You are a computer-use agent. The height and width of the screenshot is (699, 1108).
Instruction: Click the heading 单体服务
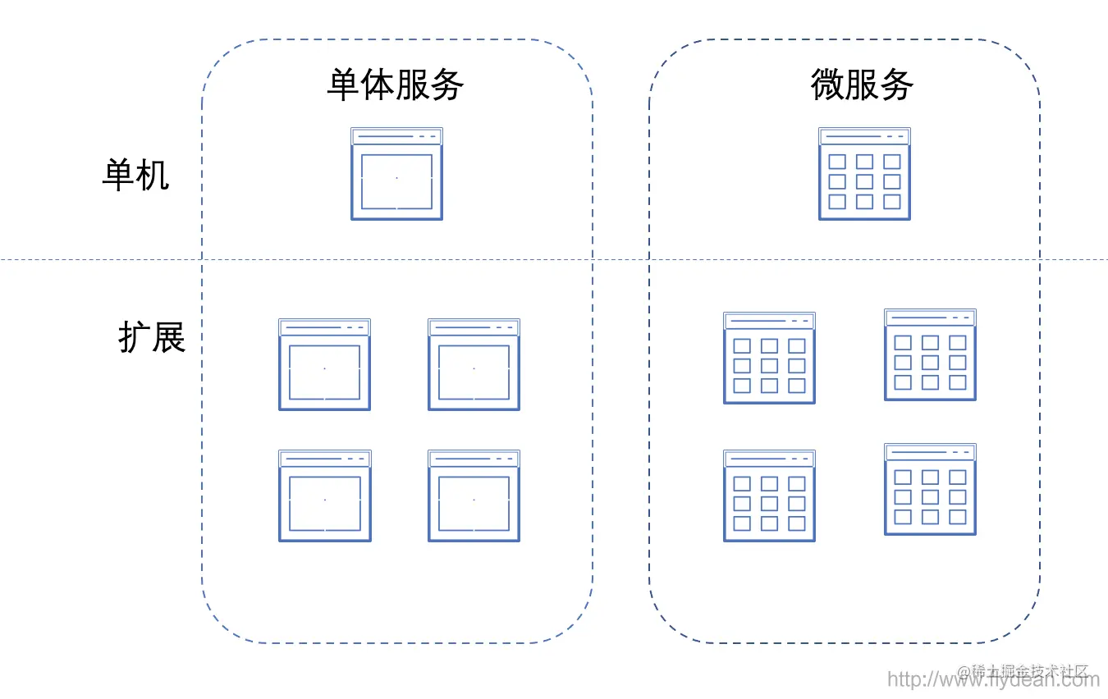(396, 85)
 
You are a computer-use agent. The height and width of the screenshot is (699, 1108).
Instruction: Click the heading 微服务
(862, 85)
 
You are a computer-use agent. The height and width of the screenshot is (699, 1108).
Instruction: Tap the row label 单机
(135, 175)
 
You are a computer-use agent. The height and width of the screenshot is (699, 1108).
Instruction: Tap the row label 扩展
(152, 336)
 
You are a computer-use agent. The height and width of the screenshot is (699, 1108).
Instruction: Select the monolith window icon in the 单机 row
(396, 174)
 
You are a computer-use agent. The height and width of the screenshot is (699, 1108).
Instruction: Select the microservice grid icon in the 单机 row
(864, 174)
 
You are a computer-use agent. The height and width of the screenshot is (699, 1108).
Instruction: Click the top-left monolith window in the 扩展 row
(324, 364)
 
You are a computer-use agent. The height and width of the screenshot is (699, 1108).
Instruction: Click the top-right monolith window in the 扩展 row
(474, 364)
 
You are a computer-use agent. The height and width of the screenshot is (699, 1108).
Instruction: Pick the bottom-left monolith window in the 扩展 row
(324, 496)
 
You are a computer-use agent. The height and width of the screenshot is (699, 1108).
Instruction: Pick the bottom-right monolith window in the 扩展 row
(474, 496)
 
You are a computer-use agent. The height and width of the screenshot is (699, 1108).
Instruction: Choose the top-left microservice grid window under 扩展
(769, 358)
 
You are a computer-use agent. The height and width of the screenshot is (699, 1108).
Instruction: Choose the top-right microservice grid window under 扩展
(930, 354)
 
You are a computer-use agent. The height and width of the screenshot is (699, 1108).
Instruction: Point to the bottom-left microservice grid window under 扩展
(769, 496)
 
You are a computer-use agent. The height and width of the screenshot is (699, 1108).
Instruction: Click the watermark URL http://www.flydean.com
(993, 679)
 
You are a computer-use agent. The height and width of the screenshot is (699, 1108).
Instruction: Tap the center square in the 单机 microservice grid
(864, 181)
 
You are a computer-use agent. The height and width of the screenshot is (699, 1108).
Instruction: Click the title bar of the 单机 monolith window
(396, 136)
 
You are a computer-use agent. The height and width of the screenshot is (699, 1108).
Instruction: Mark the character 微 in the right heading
(827, 85)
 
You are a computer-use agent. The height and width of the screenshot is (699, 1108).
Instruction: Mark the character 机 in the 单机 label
(153, 175)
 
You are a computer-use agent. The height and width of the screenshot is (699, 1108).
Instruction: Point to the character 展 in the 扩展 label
(169, 336)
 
